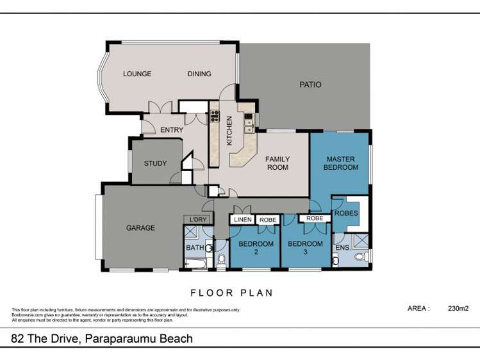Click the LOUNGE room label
(137, 74)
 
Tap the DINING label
(199, 74)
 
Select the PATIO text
(310, 85)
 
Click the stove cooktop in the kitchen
(215, 117)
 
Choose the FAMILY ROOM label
(277, 163)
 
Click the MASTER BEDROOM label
(342, 163)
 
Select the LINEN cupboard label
(243, 220)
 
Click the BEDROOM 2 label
(256, 248)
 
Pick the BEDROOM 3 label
(305, 248)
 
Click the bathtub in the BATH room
(194, 262)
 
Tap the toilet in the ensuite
(360, 258)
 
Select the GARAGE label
(140, 228)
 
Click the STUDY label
(155, 163)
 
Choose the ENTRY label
(172, 130)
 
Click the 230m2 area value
(458, 308)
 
